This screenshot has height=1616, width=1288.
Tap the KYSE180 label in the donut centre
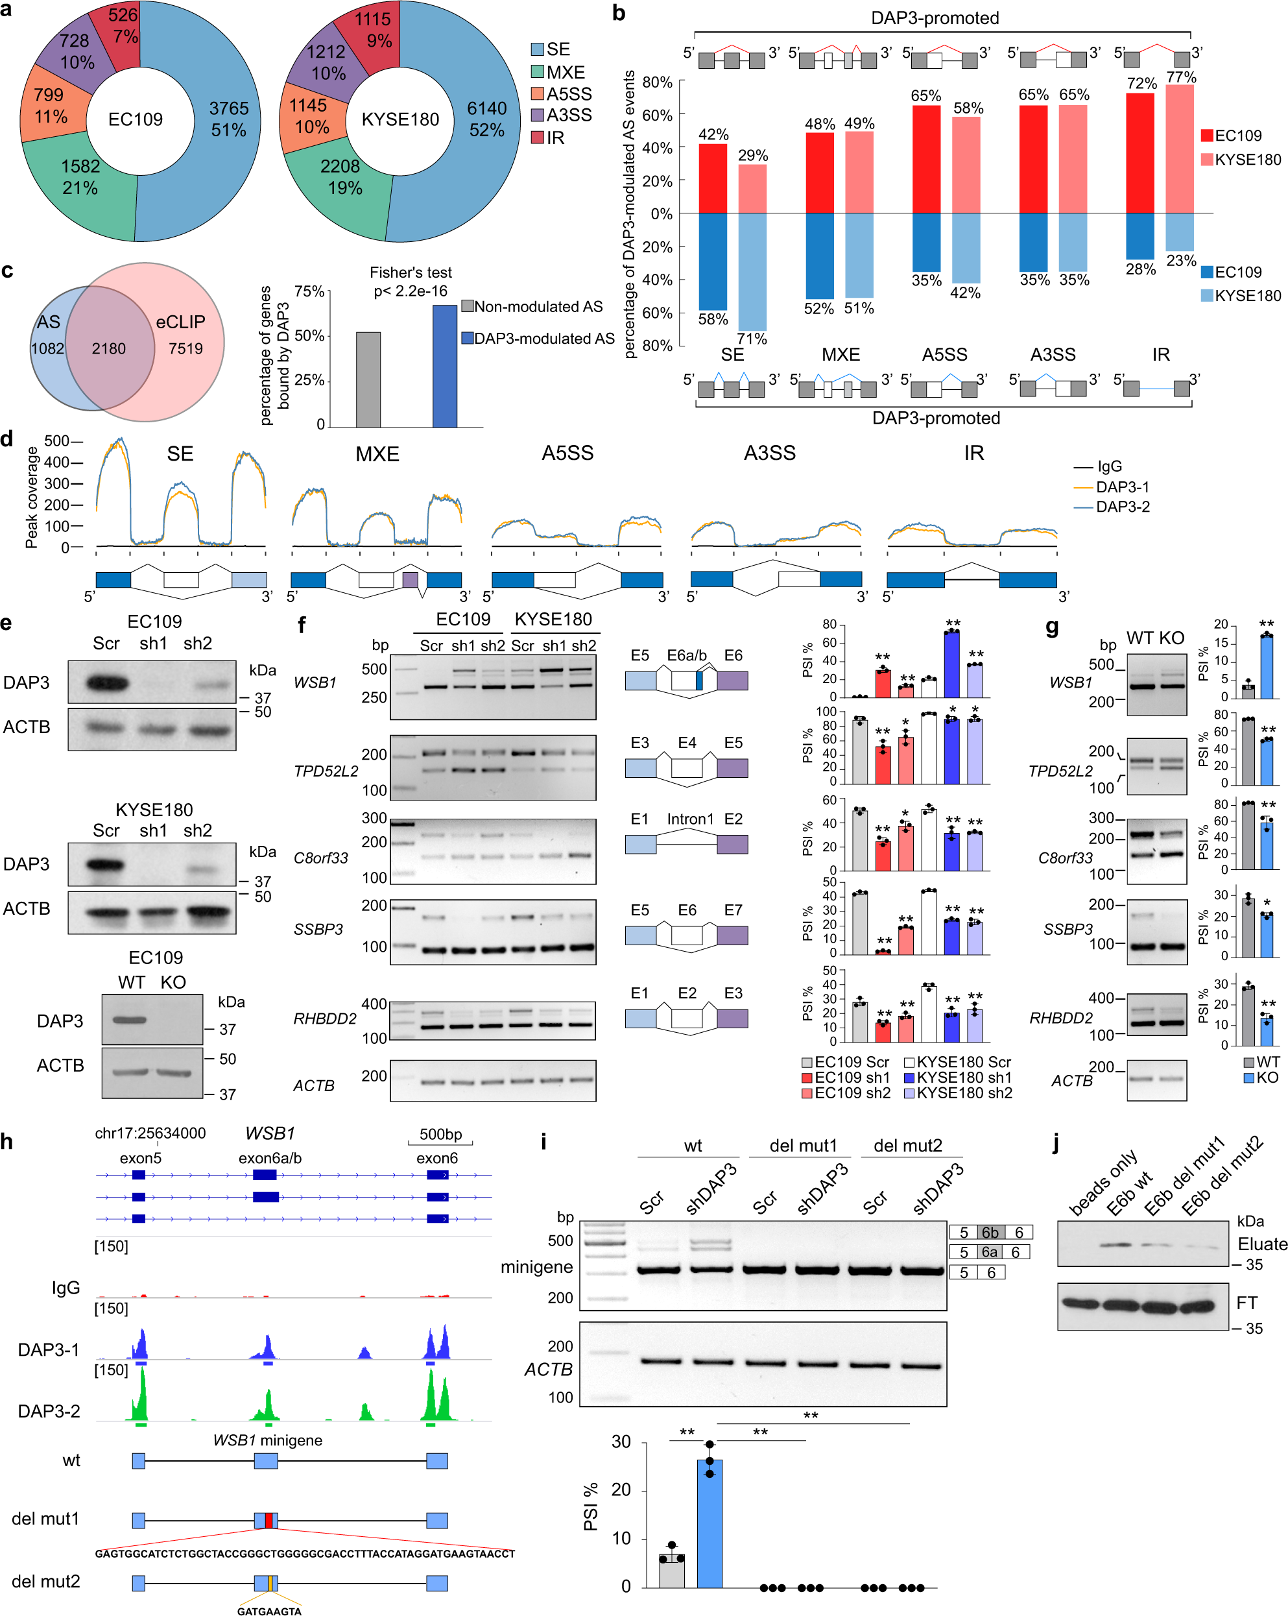point(400,120)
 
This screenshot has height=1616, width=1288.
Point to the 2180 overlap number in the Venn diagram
point(109,348)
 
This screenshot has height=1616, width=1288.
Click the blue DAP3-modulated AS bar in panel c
point(444,367)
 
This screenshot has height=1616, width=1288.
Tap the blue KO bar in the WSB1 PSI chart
point(1266,666)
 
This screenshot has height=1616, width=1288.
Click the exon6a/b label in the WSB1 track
point(270,1158)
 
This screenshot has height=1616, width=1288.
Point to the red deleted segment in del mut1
point(268,1520)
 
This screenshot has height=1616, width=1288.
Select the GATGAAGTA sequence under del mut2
point(269,1610)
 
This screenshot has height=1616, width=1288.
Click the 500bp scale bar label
point(440,1134)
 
